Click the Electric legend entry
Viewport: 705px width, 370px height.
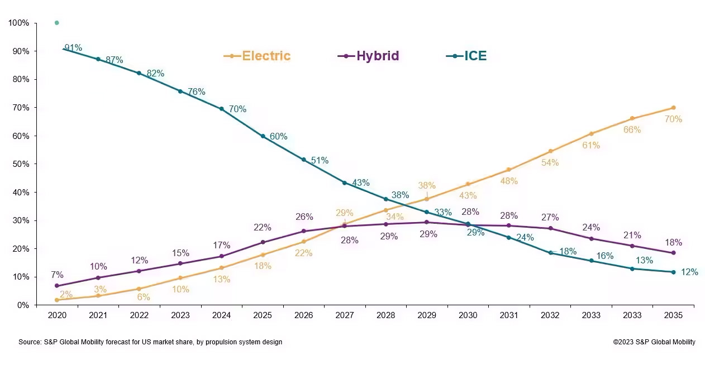[258, 56]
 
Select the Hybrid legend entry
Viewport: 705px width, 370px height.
[369, 56]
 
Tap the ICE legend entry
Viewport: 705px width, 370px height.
[467, 56]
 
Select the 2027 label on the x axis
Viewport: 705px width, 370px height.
[345, 315]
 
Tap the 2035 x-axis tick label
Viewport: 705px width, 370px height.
[673, 315]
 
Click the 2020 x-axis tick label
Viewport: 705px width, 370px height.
[57, 315]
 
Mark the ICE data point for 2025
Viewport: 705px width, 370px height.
[263, 136]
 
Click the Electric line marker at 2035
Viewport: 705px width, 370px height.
[673, 108]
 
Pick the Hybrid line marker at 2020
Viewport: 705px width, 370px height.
[57, 286]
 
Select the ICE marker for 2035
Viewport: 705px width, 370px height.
[673, 272]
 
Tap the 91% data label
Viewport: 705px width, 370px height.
[73, 48]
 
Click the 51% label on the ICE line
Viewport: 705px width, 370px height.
[320, 161]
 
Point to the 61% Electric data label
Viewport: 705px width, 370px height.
[590, 146]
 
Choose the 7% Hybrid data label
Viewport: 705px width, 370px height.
[57, 275]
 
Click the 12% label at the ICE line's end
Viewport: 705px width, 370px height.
[689, 272]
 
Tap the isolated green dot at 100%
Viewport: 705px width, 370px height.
[57, 23]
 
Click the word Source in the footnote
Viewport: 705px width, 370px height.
[30, 342]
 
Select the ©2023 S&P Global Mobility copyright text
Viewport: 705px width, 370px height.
[654, 342]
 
